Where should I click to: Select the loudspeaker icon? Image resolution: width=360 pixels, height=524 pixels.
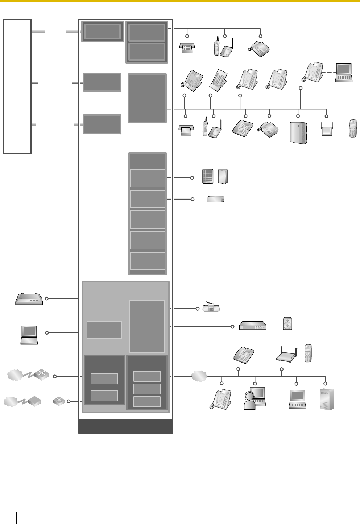coord(287,323)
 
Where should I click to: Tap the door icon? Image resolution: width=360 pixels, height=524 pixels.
coord(223,176)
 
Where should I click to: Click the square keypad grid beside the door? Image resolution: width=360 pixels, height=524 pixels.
coord(208,176)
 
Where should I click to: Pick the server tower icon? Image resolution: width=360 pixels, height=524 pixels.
coord(327,399)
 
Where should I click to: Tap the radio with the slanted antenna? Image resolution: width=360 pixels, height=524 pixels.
coord(211,307)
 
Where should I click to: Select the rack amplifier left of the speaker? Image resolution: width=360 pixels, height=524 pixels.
coord(253,326)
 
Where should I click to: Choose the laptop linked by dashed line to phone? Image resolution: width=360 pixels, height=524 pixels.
coord(344,73)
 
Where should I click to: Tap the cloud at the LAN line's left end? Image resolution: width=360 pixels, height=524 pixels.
coord(199,376)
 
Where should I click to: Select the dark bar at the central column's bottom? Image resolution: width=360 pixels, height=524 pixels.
coord(126,426)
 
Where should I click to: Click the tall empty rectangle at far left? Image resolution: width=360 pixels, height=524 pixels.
coord(17,86)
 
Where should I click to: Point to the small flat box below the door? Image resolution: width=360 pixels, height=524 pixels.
coord(215,199)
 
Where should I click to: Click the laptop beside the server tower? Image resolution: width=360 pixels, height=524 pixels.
coord(297,399)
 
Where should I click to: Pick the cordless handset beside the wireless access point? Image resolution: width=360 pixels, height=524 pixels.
coord(308,353)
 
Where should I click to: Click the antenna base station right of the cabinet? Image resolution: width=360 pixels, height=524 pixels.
coord(327,130)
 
